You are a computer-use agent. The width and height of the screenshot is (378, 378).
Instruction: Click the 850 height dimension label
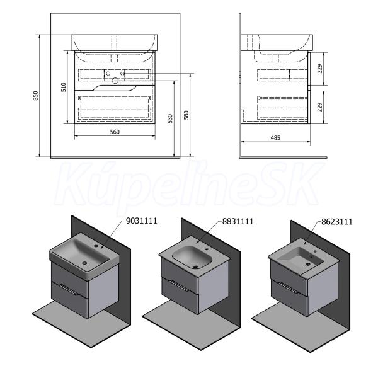coord(36,96)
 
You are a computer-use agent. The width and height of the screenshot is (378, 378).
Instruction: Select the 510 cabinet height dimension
coord(64,88)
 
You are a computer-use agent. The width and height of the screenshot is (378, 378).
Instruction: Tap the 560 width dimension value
coord(115,132)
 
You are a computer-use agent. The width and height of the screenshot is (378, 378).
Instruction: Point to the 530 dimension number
coord(170,118)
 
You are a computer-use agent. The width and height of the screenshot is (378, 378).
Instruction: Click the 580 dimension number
coord(186,115)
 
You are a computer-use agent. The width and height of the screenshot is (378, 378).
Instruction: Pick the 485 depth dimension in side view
coord(275,137)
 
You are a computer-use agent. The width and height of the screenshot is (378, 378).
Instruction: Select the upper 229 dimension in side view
coord(320,69)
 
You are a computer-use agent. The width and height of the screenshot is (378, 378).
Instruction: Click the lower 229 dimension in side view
coord(320,107)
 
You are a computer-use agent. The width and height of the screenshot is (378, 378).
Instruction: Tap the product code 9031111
coord(142,221)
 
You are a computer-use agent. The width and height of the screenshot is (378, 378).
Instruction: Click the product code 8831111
coord(238,221)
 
